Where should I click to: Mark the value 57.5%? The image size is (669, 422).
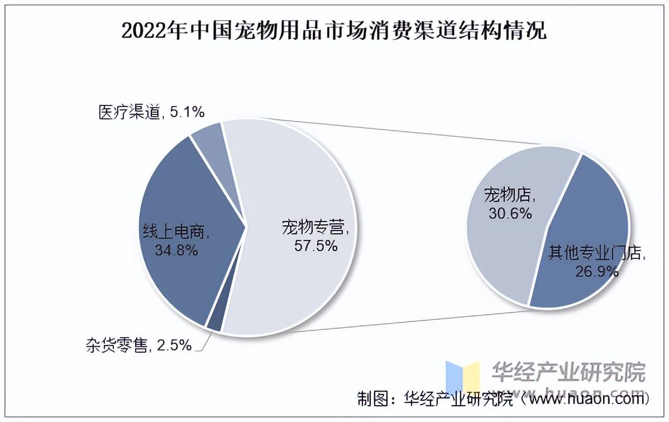tap(316, 246)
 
